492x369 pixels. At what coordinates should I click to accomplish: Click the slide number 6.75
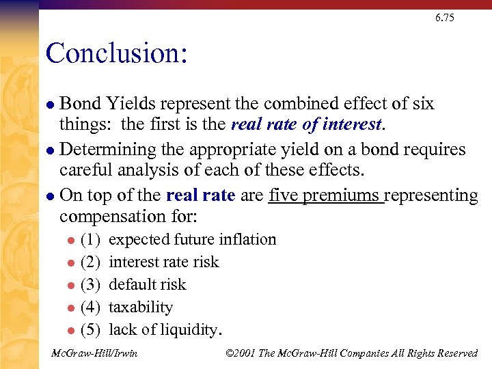444,18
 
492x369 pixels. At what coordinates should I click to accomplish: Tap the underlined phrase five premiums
325,195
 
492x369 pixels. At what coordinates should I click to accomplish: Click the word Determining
110,150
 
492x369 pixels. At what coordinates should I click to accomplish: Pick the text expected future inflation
193,240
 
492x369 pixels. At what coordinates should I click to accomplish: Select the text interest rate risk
164,262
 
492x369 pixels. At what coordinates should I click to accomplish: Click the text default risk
148,285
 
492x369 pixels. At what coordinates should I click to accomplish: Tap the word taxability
141,307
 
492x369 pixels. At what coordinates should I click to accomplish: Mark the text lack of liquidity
164,330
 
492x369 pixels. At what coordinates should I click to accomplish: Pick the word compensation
109,217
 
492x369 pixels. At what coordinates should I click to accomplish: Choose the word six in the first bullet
422,104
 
